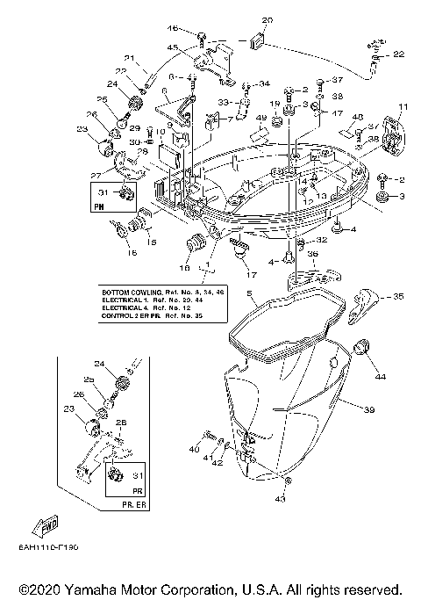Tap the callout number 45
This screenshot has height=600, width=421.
(173, 47)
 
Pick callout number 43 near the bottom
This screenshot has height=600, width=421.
(281, 500)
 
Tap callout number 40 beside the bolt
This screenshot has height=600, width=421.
(194, 449)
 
